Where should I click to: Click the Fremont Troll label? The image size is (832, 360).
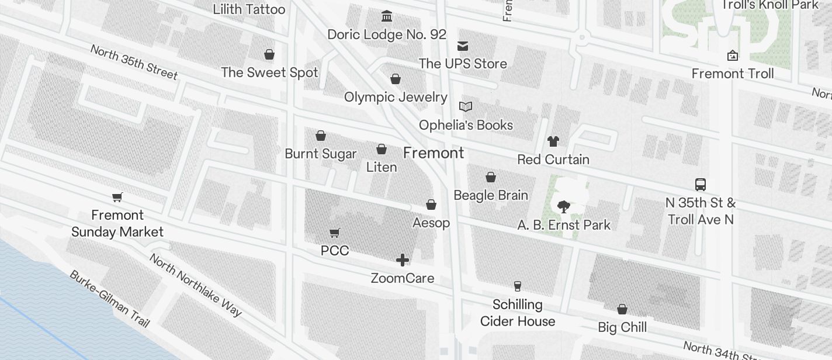733,74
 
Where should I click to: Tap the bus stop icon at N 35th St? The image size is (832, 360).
701,185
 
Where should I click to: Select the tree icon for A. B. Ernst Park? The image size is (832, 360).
564,206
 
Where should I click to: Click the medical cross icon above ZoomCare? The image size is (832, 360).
403,260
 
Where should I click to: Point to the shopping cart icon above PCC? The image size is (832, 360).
335,233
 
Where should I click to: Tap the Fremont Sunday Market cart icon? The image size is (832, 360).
117,197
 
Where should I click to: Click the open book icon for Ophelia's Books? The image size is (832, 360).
466,106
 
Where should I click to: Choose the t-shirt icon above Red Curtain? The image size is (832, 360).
553,141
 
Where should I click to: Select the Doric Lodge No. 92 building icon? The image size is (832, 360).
387,16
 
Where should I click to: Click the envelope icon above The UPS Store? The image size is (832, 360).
463,46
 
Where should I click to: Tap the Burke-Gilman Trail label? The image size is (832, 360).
110,299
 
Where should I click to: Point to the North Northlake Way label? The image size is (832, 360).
195,285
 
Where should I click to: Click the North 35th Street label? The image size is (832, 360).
134,61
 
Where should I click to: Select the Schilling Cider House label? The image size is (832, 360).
518,313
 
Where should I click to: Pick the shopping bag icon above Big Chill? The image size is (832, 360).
622,309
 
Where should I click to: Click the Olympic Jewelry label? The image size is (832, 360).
396,97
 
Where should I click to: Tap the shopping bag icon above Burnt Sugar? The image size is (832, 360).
321,136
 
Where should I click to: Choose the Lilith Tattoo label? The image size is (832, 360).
249,9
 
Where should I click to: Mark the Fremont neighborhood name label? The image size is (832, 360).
434,153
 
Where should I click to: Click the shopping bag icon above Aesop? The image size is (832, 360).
431,205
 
